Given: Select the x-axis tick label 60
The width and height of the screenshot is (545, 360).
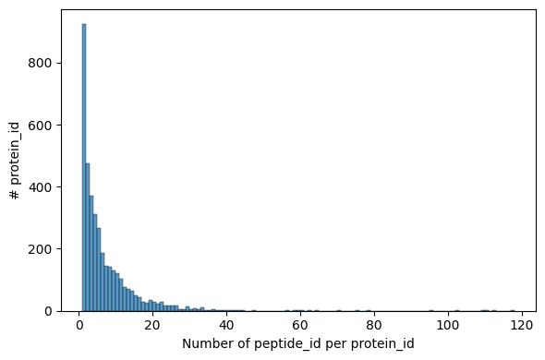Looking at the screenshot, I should [301, 325].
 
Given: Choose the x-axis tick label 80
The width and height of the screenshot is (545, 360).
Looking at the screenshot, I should [374, 325].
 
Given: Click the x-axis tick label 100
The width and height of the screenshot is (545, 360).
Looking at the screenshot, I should [448, 325].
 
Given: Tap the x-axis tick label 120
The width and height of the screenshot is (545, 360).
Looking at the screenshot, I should [522, 325].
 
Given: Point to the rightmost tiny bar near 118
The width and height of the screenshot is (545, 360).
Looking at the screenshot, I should [515, 310].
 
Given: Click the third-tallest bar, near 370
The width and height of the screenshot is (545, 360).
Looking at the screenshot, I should [91, 253].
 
